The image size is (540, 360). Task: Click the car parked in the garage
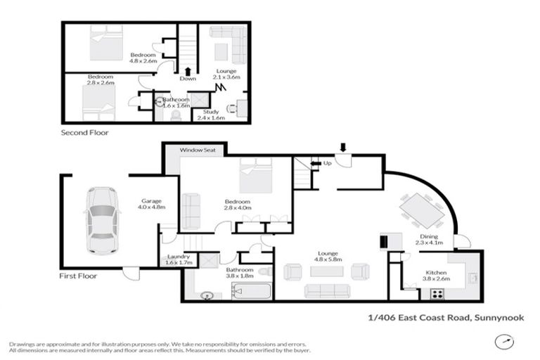click(x=101, y=220)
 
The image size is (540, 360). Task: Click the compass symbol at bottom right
click(x=503, y=342)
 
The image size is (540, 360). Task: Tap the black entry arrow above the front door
click(x=343, y=147)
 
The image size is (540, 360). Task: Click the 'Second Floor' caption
click(x=84, y=132)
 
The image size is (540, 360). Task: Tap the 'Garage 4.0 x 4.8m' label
click(x=150, y=204)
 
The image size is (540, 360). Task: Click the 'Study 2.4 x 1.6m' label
click(x=211, y=115)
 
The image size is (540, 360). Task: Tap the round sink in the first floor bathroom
click(x=206, y=295)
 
